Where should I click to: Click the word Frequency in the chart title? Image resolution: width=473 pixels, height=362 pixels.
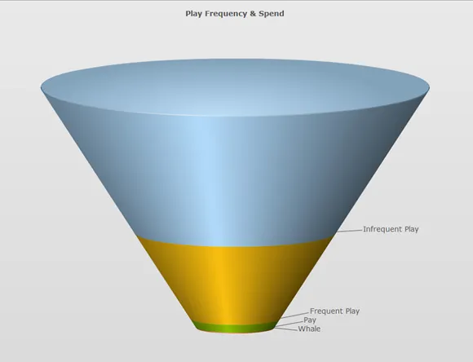pos(226,14)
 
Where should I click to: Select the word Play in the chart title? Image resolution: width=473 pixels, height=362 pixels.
pos(193,14)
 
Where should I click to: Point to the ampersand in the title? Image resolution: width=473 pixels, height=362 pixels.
pos(253,14)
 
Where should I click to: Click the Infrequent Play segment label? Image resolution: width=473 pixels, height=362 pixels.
pos(391,229)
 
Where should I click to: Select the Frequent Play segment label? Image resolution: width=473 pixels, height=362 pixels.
pos(334,311)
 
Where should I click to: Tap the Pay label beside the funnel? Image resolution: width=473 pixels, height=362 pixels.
pos(310,320)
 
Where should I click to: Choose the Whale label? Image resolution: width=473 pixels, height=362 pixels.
pos(309,329)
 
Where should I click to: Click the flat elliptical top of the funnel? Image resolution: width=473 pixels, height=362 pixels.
pos(235,87)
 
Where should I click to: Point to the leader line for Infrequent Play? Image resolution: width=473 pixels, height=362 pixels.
pos(350,231)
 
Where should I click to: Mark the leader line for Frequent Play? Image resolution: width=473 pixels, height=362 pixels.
pos(295,315)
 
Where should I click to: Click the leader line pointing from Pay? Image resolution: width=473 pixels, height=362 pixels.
pos(290,324)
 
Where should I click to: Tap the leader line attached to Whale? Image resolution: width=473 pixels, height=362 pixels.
pos(286,329)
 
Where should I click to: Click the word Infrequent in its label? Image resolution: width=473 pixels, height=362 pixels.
pos(382,229)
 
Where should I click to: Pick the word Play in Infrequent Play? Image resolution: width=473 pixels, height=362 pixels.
pos(412,229)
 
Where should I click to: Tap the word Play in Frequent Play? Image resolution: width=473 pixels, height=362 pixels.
pos(352,311)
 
